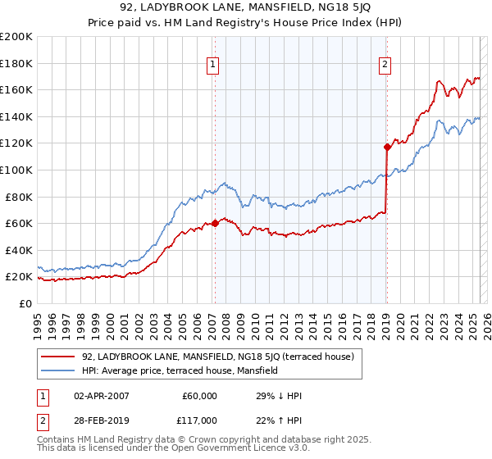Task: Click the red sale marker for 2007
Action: coord(215,222)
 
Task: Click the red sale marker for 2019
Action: coord(386,147)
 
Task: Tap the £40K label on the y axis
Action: coord(19,250)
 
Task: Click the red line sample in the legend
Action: coord(58,357)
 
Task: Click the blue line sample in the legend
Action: coord(58,370)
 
